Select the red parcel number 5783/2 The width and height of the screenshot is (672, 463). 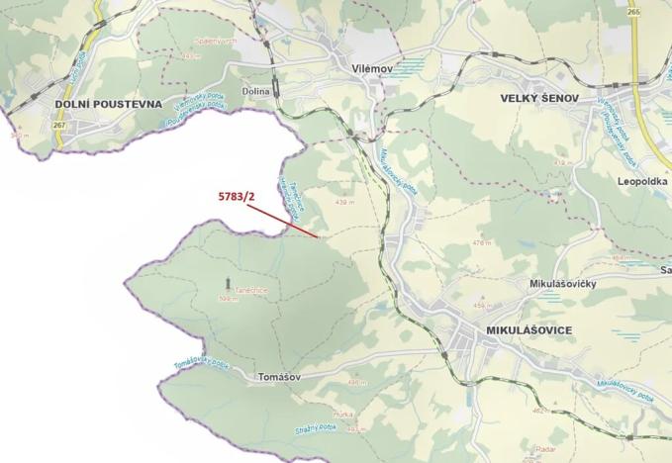click(x=237, y=196)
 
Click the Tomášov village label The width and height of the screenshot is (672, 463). click(x=277, y=377)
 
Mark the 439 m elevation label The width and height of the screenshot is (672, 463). click(x=345, y=202)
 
